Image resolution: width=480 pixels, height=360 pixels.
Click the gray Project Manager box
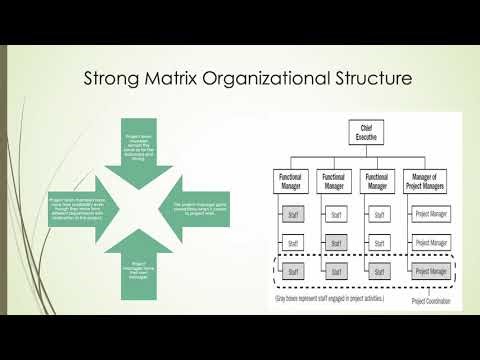pyautogui.click(x=431, y=270)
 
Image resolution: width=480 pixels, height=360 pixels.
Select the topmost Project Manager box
pyautogui.click(x=431, y=212)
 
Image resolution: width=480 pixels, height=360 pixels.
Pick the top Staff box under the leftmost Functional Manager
pyautogui.click(x=291, y=212)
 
